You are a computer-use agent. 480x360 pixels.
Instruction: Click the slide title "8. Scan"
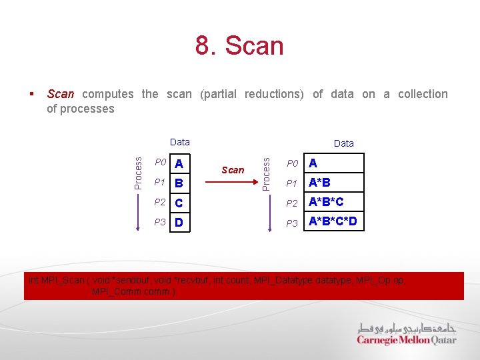point(239,46)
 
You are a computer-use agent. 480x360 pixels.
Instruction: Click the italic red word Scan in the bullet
point(61,94)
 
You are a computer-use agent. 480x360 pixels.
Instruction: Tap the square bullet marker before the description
point(32,94)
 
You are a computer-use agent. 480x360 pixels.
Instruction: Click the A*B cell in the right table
point(333,183)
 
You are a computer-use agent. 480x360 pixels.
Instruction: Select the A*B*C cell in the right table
point(333,202)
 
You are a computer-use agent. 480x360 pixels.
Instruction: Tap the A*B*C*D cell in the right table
point(333,221)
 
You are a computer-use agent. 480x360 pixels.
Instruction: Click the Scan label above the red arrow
point(233,169)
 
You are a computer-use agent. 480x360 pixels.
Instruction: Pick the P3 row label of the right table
point(293,223)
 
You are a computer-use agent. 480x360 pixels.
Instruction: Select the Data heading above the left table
point(180,141)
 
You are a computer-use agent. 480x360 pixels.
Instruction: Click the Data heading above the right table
point(344,143)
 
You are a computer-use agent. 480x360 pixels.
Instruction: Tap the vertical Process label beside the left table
point(138,172)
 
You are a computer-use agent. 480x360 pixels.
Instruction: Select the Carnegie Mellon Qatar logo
point(406,334)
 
